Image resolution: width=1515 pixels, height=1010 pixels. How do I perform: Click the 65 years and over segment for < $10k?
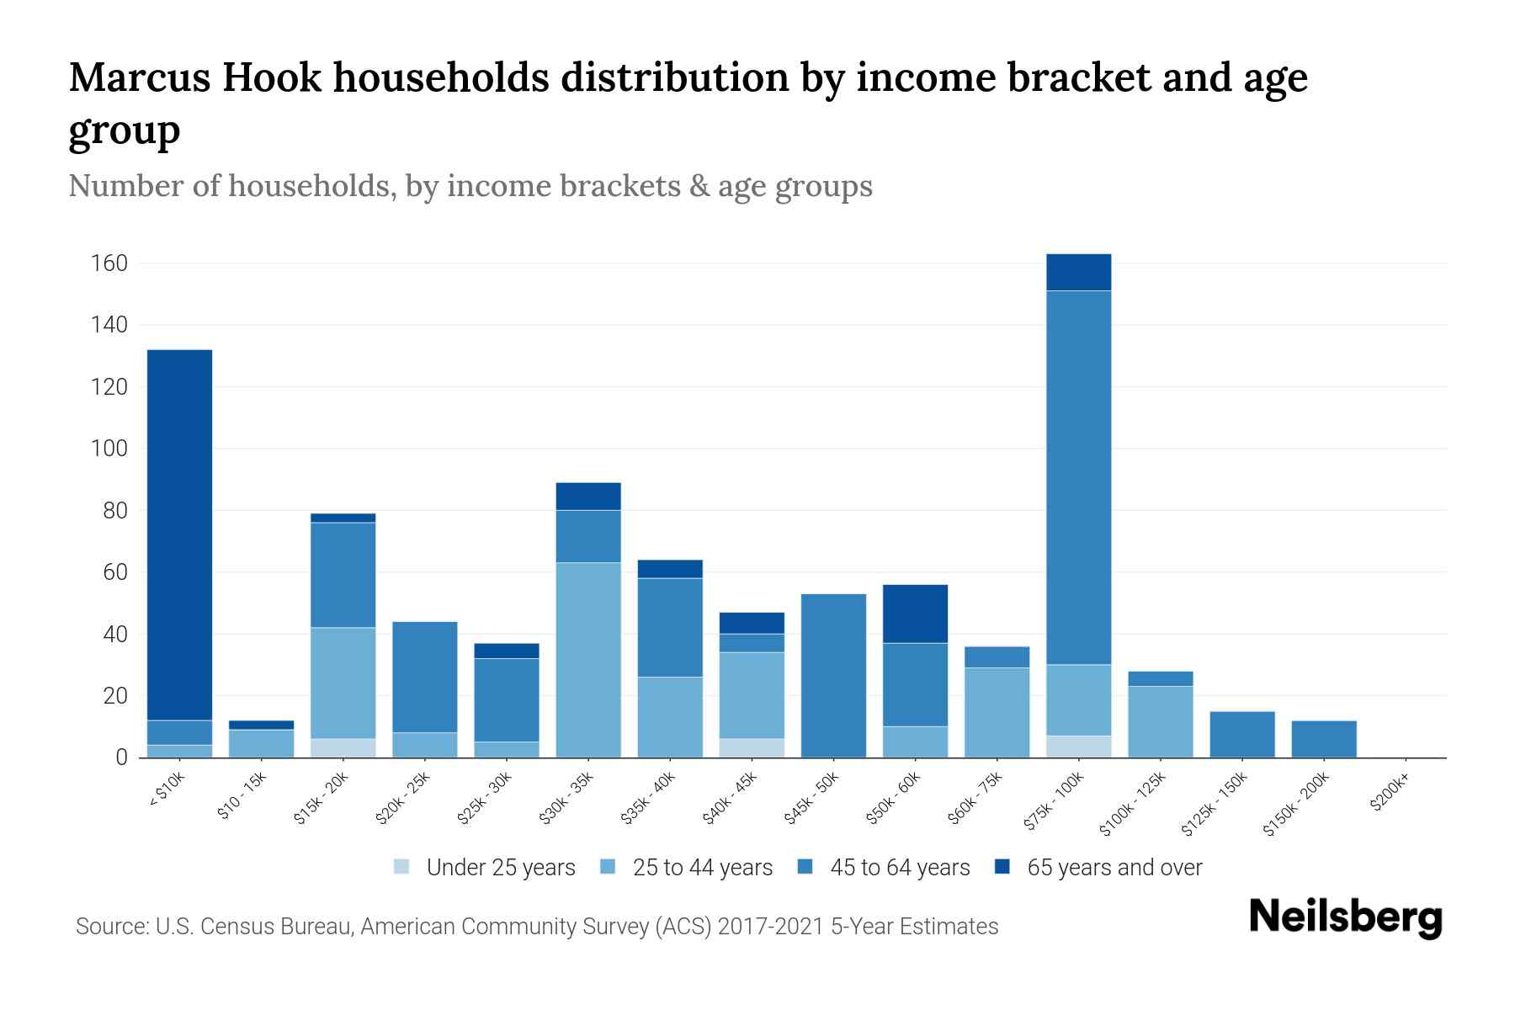click(x=179, y=534)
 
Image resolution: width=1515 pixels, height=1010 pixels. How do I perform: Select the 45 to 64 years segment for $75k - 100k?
click(x=1078, y=477)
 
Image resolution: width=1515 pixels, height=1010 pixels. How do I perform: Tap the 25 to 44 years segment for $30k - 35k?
click(x=588, y=660)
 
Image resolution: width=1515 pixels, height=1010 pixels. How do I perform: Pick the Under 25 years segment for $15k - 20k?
click(x=343, y=747)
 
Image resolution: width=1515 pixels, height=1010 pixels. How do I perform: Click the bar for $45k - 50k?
click(x=833, y=676)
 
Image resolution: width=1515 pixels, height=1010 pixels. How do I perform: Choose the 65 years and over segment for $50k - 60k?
click(x=915, y=614)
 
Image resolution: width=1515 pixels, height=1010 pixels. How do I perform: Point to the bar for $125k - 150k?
click(x=1241, y=734)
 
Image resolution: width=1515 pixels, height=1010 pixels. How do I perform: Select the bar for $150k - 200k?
click(x=1323, y=739)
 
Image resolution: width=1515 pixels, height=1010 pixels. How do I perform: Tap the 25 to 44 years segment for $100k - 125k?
click(x=1160, y=721)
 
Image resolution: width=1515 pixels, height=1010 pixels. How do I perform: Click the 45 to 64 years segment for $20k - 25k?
click(x=425, y=677)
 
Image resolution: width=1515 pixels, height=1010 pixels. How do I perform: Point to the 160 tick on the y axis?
click(x=109, y=263)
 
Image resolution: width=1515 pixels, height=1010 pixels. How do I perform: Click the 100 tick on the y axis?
click(x=109, y=449)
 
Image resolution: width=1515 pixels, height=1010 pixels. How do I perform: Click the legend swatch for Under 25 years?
click(x=402, y=867)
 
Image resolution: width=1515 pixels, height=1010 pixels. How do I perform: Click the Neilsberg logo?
click(x=1345, y=917)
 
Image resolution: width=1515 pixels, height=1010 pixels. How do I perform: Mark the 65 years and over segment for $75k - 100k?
click(x=1078, y=272)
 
